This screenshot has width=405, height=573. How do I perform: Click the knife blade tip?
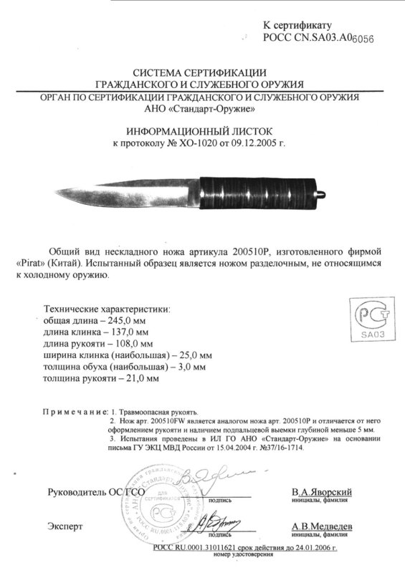coord(57,191)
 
